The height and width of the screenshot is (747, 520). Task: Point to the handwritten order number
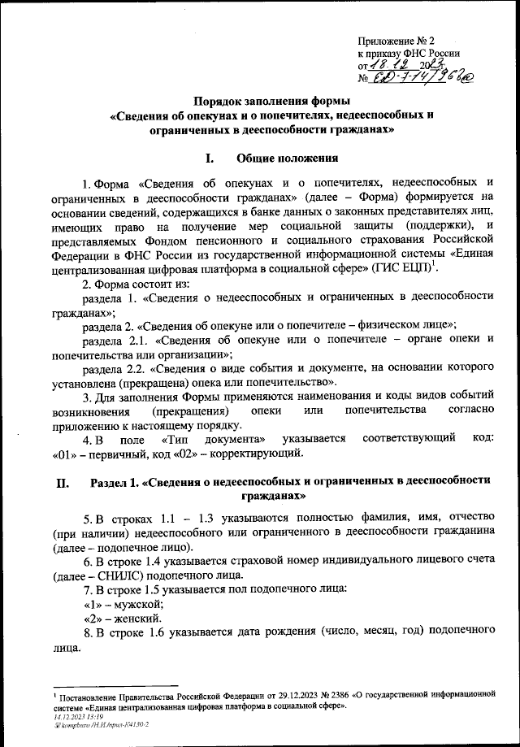tap(414, 79)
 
